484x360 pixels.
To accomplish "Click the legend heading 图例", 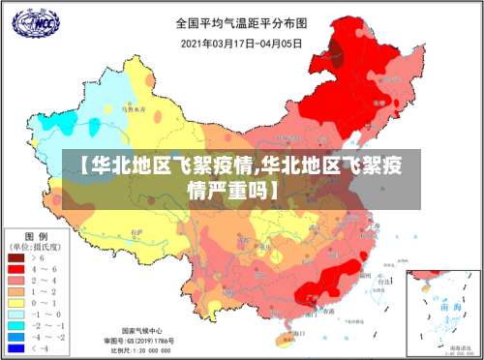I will (x=36, y=237).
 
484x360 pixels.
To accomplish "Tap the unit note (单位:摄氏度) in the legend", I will (x=37, y=248).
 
